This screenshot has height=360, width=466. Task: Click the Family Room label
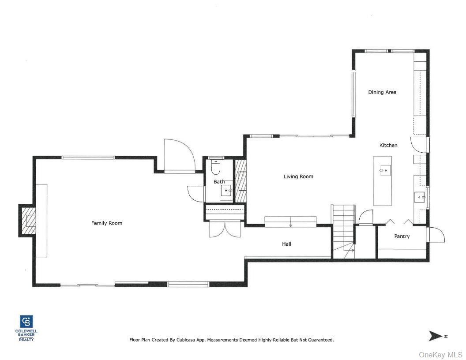[106, 223]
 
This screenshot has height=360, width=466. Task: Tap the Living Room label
[298, 176]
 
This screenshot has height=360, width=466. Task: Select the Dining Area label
[382, 92]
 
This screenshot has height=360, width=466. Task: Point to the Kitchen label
[388, 145]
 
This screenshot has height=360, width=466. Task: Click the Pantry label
[402, 236]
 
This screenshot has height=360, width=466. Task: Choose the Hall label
[286, 244]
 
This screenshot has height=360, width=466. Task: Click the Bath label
[219, 182]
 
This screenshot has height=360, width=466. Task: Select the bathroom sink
[226, 191]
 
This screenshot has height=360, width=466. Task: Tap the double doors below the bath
[225, 229]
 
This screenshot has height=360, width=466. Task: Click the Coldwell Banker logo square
[26, 322]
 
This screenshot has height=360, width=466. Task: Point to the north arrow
[436, 336]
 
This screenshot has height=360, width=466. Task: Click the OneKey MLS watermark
[440, 354]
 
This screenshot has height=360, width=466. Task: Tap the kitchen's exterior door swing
[419, 145]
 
